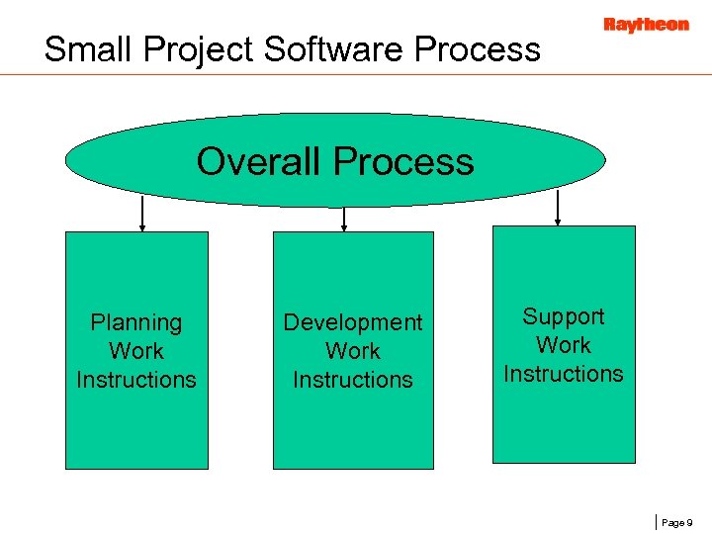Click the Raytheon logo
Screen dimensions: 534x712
pyautogui.click(x=646, y=25)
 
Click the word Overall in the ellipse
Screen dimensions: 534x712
pyautogui.click(x=259, y=160)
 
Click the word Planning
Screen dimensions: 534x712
pyautogui.click(x=136, y=322)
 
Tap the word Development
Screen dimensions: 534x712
pyautogui.click(x=353, y=322)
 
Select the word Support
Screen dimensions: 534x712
pyautogui.click(x=564, y=316)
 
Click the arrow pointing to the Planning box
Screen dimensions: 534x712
pyautogui.click(x=142, y=214)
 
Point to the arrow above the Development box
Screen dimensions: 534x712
pyautogui.click(x=343, y=219)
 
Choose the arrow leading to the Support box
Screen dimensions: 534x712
pyautogui.click(x=559, y=208)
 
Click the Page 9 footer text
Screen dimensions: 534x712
pyautogui.click(x=676, y=521)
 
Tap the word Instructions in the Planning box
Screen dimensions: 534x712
pyautogui.click(x=136, y=380)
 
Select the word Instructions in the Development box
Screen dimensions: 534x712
pyautogui.click(x=353, y=380)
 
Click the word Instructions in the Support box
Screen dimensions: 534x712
pyautogui.click(x=564, y=374)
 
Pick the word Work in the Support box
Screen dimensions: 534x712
pyautogui.click(x=564, y=345)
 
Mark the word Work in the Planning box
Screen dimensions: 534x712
pyautogui.click(x=136, y=351)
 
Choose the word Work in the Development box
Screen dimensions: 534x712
pyautogui.click(x=353, y=351)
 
